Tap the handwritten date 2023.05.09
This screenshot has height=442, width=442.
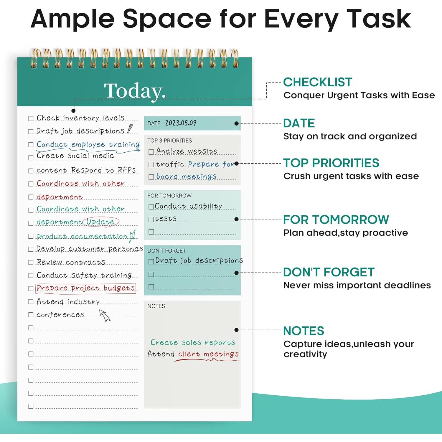(x=181, y=123)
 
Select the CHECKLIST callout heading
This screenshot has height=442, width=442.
(x=318, y=82)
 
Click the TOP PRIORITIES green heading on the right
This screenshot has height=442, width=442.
(x=331, y=163)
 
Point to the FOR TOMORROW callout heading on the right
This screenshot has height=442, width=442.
(x=336, y=220)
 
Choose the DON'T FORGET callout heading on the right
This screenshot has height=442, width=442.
(x=329, y=272)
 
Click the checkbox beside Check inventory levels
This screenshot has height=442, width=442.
(x=31, y=118)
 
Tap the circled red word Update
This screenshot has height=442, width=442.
(x=100, y=222)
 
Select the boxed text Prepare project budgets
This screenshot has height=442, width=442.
(x=86, y=288)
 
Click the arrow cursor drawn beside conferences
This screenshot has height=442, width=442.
(x=105, y=315)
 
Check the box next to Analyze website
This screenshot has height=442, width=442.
(x=151, y=152)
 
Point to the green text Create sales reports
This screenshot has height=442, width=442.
(x=193, y=342)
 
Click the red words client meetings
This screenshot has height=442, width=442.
(x=208, y=354)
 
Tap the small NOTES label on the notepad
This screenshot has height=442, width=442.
(x=156, y=306)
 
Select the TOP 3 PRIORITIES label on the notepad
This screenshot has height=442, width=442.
(x=169, y=141)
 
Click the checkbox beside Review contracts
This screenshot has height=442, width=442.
(x=31, y=262)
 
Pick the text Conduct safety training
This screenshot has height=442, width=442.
(x=84, y=275)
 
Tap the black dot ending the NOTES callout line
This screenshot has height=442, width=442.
(x=236, y=330)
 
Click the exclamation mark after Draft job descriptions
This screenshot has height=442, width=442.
(x=130, y=129)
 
